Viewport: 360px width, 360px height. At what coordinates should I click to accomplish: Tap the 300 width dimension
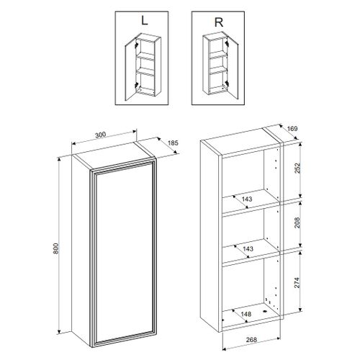[101, 134]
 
